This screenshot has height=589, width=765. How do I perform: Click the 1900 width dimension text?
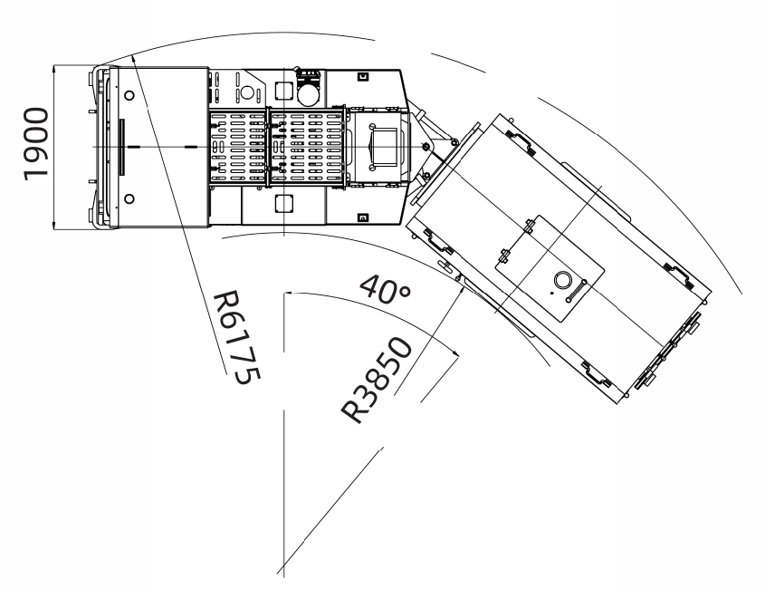(36, 145)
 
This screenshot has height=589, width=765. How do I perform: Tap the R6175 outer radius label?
(237, 337)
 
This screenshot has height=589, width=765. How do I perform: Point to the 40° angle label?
(386, 289)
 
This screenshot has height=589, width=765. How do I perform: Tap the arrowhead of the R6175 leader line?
(134, 59)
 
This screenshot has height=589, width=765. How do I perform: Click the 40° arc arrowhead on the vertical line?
(288, 293)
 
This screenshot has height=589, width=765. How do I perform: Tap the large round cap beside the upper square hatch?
(308, 94)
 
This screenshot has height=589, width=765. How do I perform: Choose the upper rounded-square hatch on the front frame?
(283, 90)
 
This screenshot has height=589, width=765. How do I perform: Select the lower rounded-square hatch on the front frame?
(283, 203)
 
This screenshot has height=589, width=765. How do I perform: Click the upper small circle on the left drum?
(129, 96)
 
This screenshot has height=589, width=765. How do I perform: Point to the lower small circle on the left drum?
(129, 198)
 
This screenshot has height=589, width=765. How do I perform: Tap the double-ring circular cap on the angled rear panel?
(562, 280)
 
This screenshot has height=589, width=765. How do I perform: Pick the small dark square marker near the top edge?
(362, 76)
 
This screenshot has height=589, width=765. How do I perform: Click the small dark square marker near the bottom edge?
(362, 217)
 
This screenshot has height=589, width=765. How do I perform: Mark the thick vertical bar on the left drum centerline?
(121, 147)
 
